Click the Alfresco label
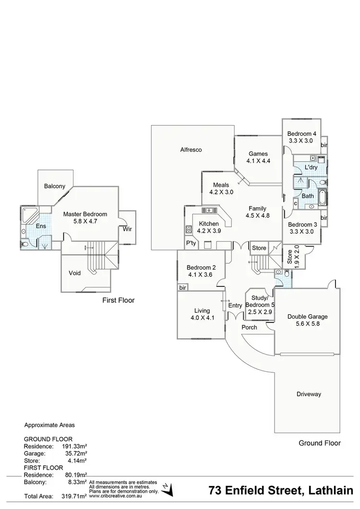[x=191, y=150]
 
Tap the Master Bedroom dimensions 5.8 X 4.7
[x=85, y=223]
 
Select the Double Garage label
[x=308, y=317]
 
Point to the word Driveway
[x=308, y=394]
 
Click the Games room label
[x=258, y=154]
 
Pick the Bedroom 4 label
[x=301, y=134]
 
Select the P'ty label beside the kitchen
[x=191, y=244]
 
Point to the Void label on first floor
[x=74, y=273]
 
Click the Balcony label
[x=54, y=186]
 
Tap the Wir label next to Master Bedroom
[x=127, y=229]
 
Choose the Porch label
[x=249, y=328]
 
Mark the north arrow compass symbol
[x=167, y=490]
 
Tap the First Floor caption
[x=119, y=300]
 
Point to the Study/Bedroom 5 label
[x=260, y=301]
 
